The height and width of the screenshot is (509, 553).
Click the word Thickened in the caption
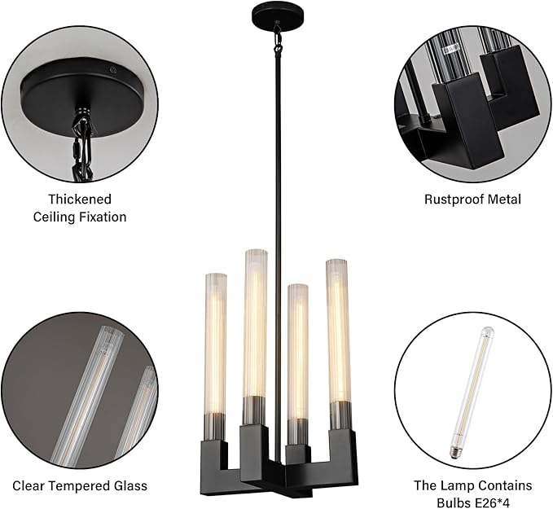tap(80, 200)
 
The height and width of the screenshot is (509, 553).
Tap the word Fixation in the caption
tap(103, 217)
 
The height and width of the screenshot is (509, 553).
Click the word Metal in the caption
tap(504, 200)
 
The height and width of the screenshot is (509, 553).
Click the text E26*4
tap(490, 502)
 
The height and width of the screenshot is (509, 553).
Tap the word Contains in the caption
tap(504, 485)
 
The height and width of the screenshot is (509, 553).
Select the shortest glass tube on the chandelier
tap(298, 363)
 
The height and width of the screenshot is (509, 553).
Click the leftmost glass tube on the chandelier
tap(215, 356)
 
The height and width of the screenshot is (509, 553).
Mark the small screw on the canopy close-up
tap(113, 71)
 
